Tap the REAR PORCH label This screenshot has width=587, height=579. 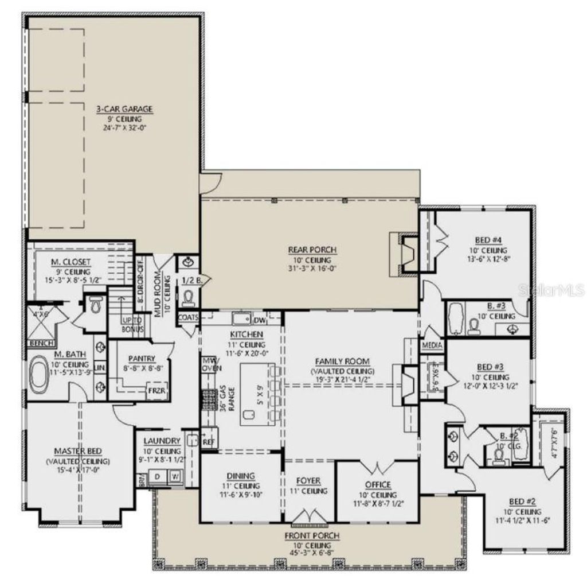(312, 250)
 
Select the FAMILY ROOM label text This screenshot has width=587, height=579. (342, 362)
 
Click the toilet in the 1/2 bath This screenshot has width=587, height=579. (187, 297)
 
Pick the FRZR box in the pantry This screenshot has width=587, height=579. (157, 391)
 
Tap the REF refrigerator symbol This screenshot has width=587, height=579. (208, 442)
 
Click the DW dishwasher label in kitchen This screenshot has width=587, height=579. (259, 320)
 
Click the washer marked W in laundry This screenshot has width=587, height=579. (175, 476)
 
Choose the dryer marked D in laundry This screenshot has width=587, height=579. (157, 476)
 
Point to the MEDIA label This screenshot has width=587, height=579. (431, 346)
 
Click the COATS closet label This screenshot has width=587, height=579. (188, 317)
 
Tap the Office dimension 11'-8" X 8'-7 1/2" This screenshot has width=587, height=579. (378, 504)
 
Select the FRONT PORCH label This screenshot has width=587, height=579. (312, 535)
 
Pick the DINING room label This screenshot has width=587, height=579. (241, 476)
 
